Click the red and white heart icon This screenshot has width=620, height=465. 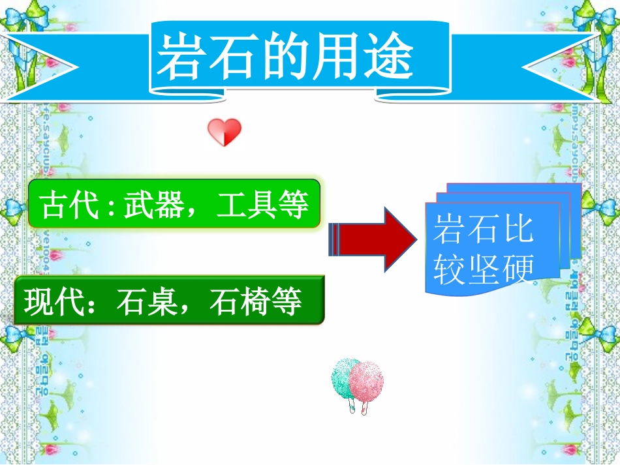pos(225,132)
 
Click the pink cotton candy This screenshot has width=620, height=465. pos(366,381)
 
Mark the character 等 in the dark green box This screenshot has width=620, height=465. pos(287,303)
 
